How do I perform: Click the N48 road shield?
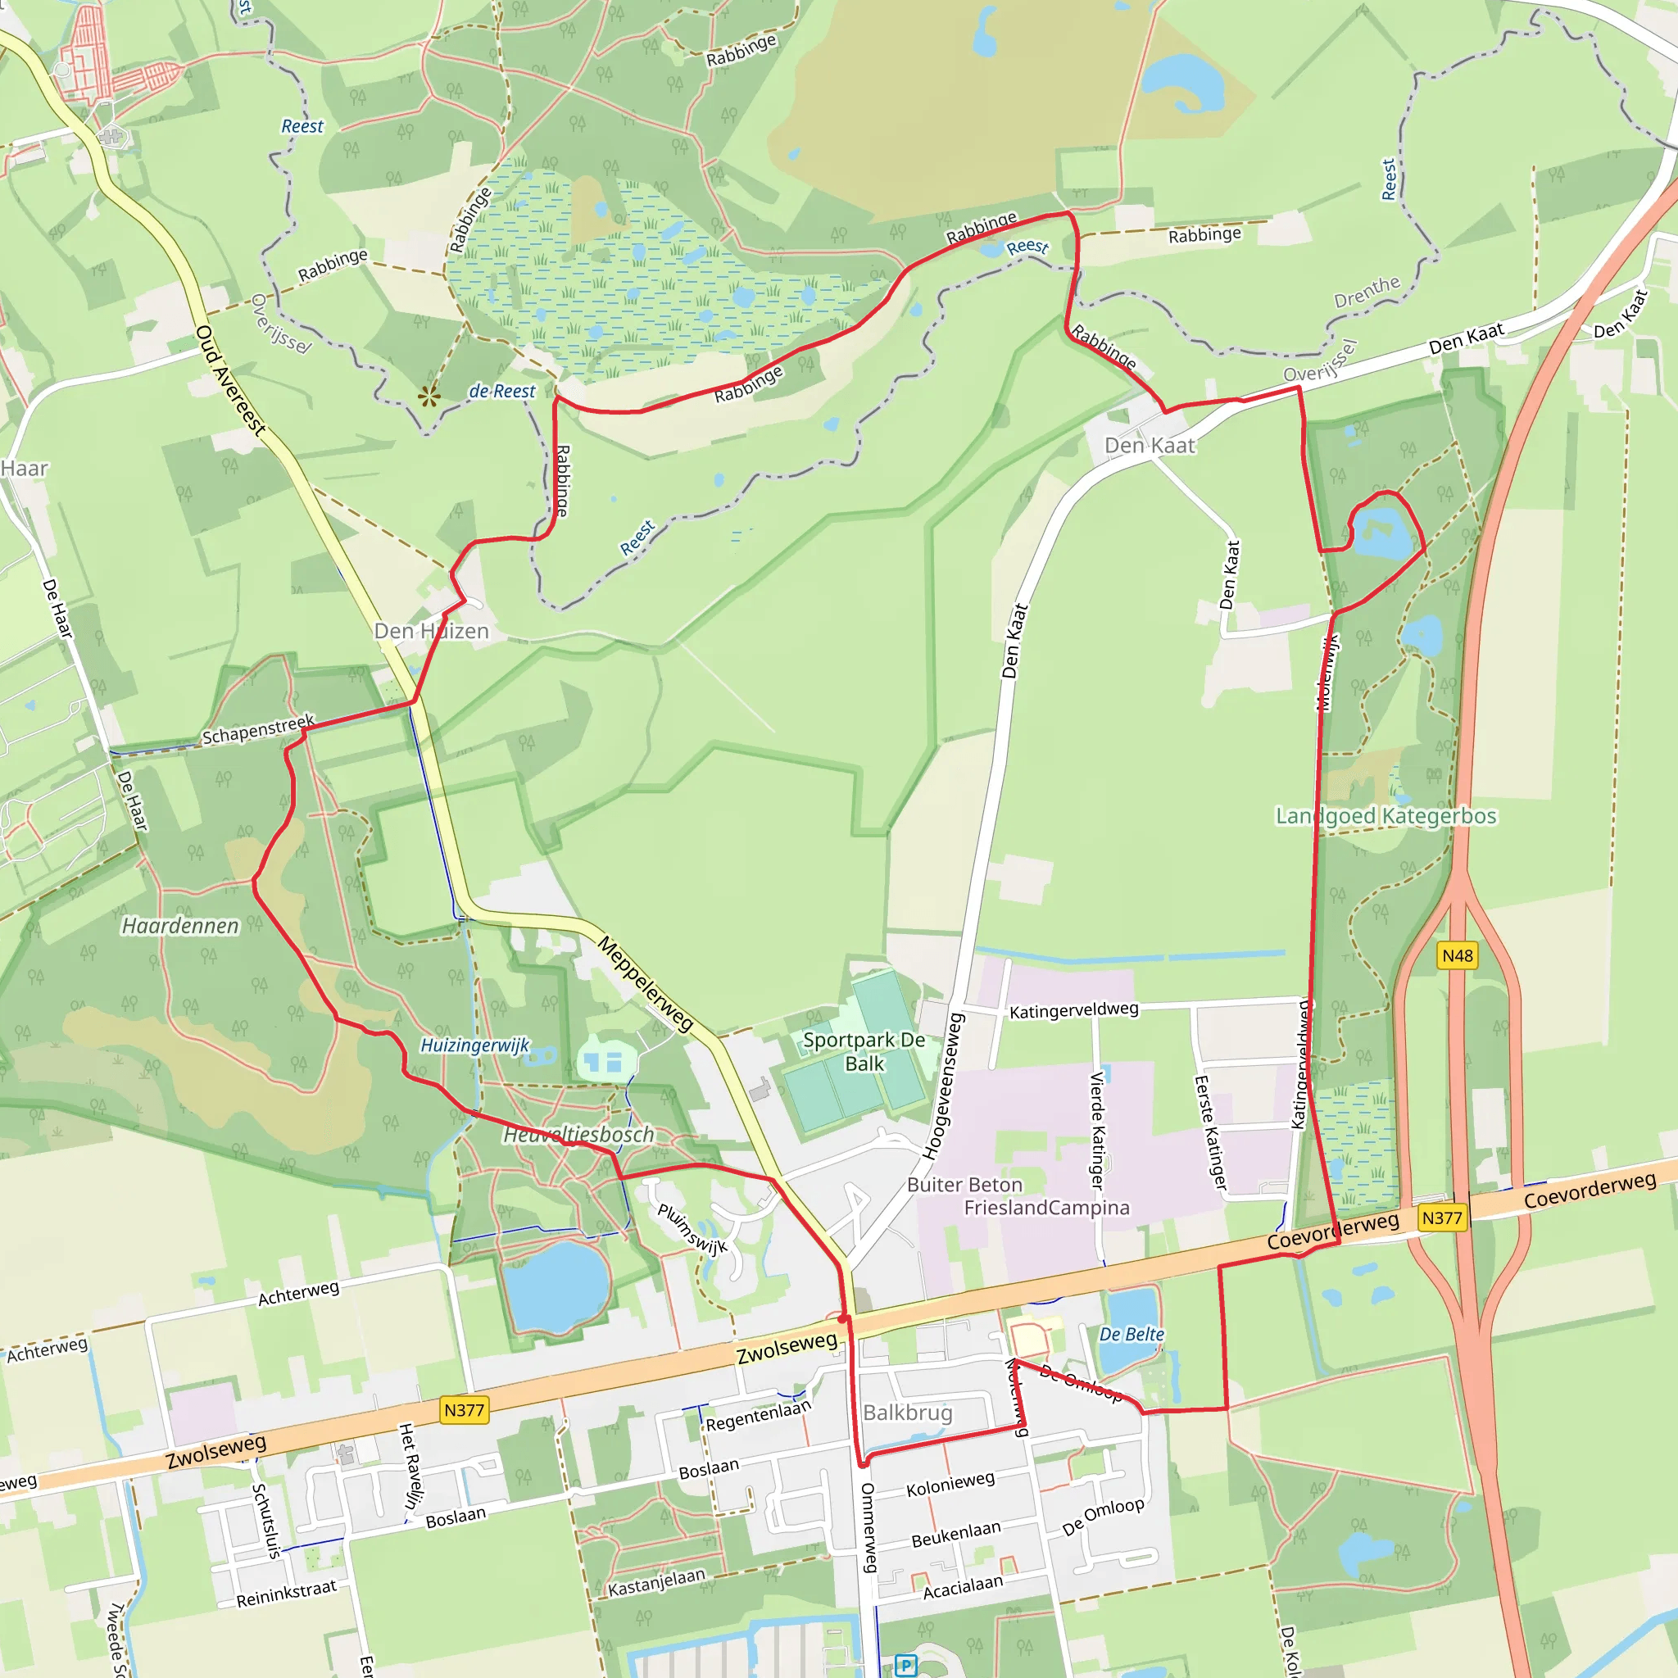pos(1458,955)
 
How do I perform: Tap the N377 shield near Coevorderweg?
pos(1442,1218)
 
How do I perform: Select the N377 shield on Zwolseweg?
pos(464,1409)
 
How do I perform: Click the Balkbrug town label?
pos(908,1413)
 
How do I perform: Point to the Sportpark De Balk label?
pos(864,1052)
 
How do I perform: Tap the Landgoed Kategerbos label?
pos(1386,816)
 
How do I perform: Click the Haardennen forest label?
pos(179,926)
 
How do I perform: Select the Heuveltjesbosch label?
pos(578,1134)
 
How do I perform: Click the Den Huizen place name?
pos(432,632)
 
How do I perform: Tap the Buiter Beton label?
pos(964,1186)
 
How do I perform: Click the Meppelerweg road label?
pos(646,984)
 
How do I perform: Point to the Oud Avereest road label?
pos(230,379)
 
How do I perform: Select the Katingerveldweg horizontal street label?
pos(1073,1010)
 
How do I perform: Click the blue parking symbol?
pos(906,1665)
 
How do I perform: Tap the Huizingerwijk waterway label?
pos(474,1045)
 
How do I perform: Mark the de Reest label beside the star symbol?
pos(502,392)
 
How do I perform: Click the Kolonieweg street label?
pos(950,1485)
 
